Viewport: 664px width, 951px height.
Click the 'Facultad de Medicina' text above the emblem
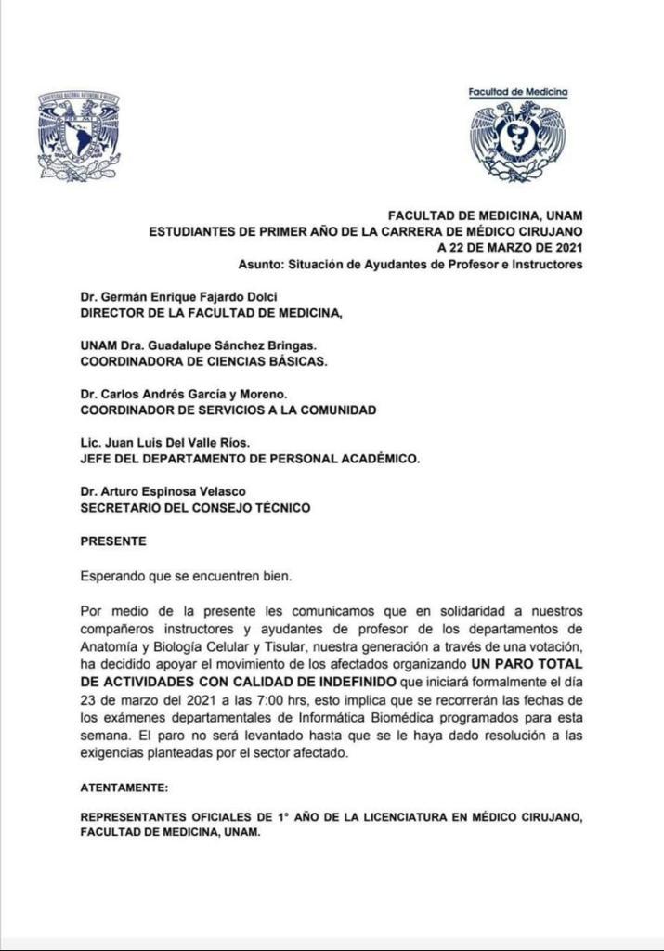(x=517, y=93)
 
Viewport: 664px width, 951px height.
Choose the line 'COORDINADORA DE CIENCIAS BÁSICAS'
(x=203, y=361)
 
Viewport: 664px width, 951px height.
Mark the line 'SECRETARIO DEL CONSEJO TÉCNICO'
(x=195, y=507)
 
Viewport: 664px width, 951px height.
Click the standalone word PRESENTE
(x=113, y=540)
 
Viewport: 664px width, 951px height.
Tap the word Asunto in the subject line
(x=259, y=264)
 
